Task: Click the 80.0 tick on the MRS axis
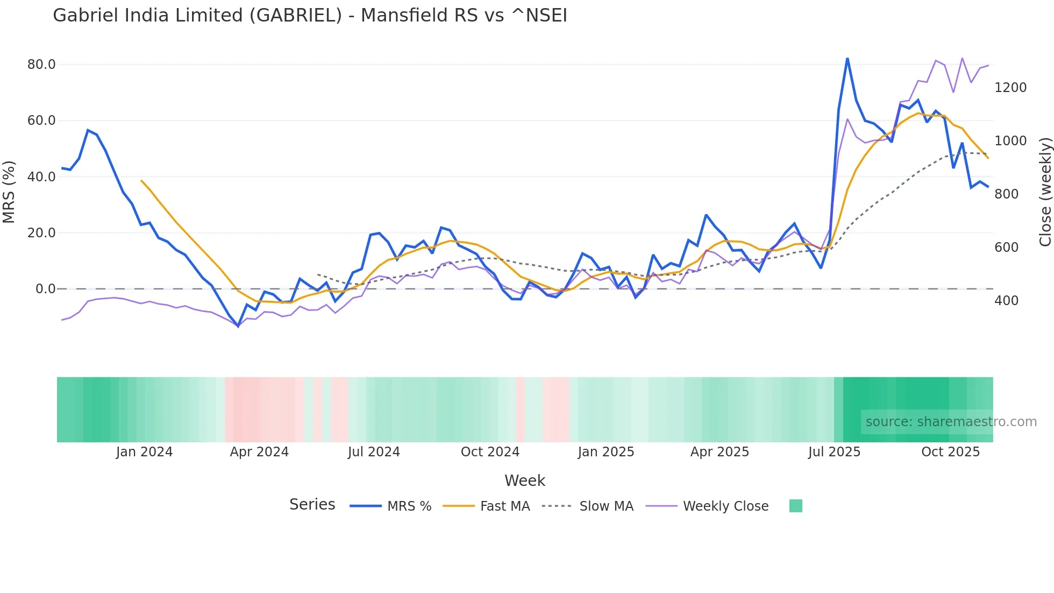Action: click(41, 65)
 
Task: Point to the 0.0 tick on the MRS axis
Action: click(45, 289)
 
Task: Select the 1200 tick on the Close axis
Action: click(1010, 88)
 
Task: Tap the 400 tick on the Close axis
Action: click(1006, 301)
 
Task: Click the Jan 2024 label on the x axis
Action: click(144, 452)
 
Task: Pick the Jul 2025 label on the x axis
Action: click(834, 452)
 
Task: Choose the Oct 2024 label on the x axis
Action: click(490, 452)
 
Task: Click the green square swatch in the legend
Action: click(796, 506)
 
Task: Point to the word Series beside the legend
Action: click(312, 505)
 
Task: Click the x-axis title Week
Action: click(525, 481)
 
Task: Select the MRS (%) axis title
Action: click(9, 192)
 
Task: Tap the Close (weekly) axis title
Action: click(1045, 192)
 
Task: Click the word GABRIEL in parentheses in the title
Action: click(296, 16)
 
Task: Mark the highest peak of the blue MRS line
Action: click(847, 58)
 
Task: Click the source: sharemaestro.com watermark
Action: click(951, 422)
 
